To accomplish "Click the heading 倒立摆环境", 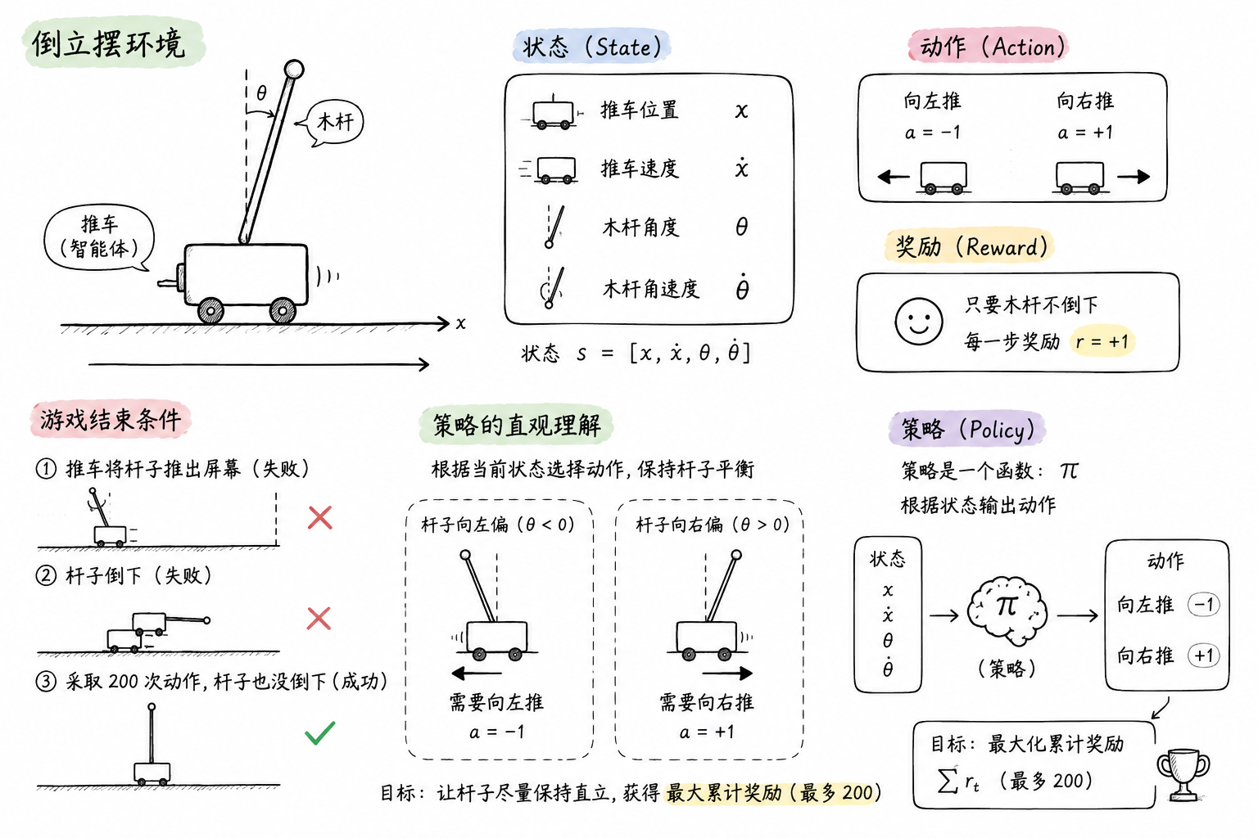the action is coord(108,43).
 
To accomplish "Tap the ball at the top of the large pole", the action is coord(294,70).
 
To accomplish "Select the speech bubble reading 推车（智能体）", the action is coord(99,237).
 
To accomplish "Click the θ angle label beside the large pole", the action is coord(261,92).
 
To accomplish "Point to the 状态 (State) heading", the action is coord(592,47).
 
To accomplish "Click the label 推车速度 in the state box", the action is coord(640,169).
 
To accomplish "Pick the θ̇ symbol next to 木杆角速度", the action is coord(742,286).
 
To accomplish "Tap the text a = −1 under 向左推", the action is coord(932,133).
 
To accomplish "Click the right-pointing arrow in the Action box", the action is coord(1134,177).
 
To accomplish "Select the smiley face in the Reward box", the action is coord(919,321).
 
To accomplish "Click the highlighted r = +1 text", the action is coord(1102,341).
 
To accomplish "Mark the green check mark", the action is coord(319,732).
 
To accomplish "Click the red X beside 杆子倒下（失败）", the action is coord(319,619).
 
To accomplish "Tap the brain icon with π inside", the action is coord(1007,611).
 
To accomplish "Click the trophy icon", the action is coord(1183,773).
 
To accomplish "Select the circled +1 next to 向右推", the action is coord(1203,656).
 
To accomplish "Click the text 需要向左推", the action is coord(496,702).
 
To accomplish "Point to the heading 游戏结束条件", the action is coord(110,420).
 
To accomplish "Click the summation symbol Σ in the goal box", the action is coord(948,780).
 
